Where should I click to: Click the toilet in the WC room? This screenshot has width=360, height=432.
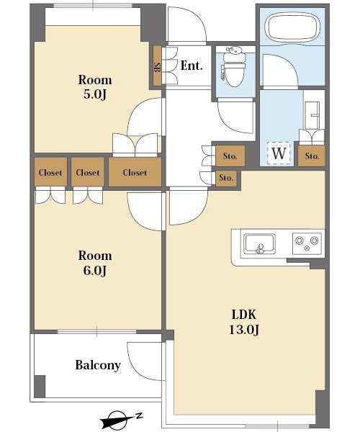(234, 68)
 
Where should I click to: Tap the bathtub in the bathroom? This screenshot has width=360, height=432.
(292, 27)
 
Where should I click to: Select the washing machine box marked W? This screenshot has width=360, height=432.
(279, 153)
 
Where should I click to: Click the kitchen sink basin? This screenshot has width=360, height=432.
(260, 243)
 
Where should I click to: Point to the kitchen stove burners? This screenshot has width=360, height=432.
(307, 243)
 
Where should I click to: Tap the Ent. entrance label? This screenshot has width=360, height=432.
(192, 66)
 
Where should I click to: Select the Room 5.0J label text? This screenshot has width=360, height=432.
(95, 87)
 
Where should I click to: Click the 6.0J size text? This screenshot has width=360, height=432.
(95, 271)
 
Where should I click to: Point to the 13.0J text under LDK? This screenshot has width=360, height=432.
(244, 329)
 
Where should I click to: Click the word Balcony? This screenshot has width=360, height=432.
(98, 365)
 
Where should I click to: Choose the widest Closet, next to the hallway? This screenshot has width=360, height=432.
(135, 172)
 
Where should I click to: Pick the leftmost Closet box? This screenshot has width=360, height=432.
(50, 172)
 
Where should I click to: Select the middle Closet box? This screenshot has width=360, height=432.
(88, 172)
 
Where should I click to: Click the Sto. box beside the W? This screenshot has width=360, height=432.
(312, 156)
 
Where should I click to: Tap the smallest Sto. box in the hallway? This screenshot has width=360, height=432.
(226, 178)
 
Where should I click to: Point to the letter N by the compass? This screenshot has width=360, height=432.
(139, 415)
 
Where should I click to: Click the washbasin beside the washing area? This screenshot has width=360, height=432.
(312, 115)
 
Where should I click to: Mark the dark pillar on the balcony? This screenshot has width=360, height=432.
(40, 386)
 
